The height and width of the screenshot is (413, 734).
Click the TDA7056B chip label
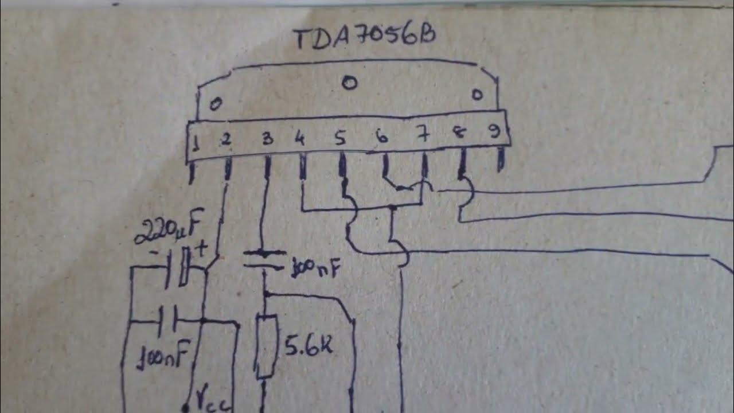[x=364, y=38]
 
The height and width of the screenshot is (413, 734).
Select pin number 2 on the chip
[x=227, y=139]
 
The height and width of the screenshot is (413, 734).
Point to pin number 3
[x=267, y=139]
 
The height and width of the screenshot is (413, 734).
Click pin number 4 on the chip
[x=299, y=139]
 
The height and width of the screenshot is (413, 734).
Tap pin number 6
[x=380, y=137]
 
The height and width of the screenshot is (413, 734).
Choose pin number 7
[x=423, y=137]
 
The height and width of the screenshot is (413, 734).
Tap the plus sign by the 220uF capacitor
[x=201, y=249]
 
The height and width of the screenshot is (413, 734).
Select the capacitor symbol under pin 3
[x=264, y=259]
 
